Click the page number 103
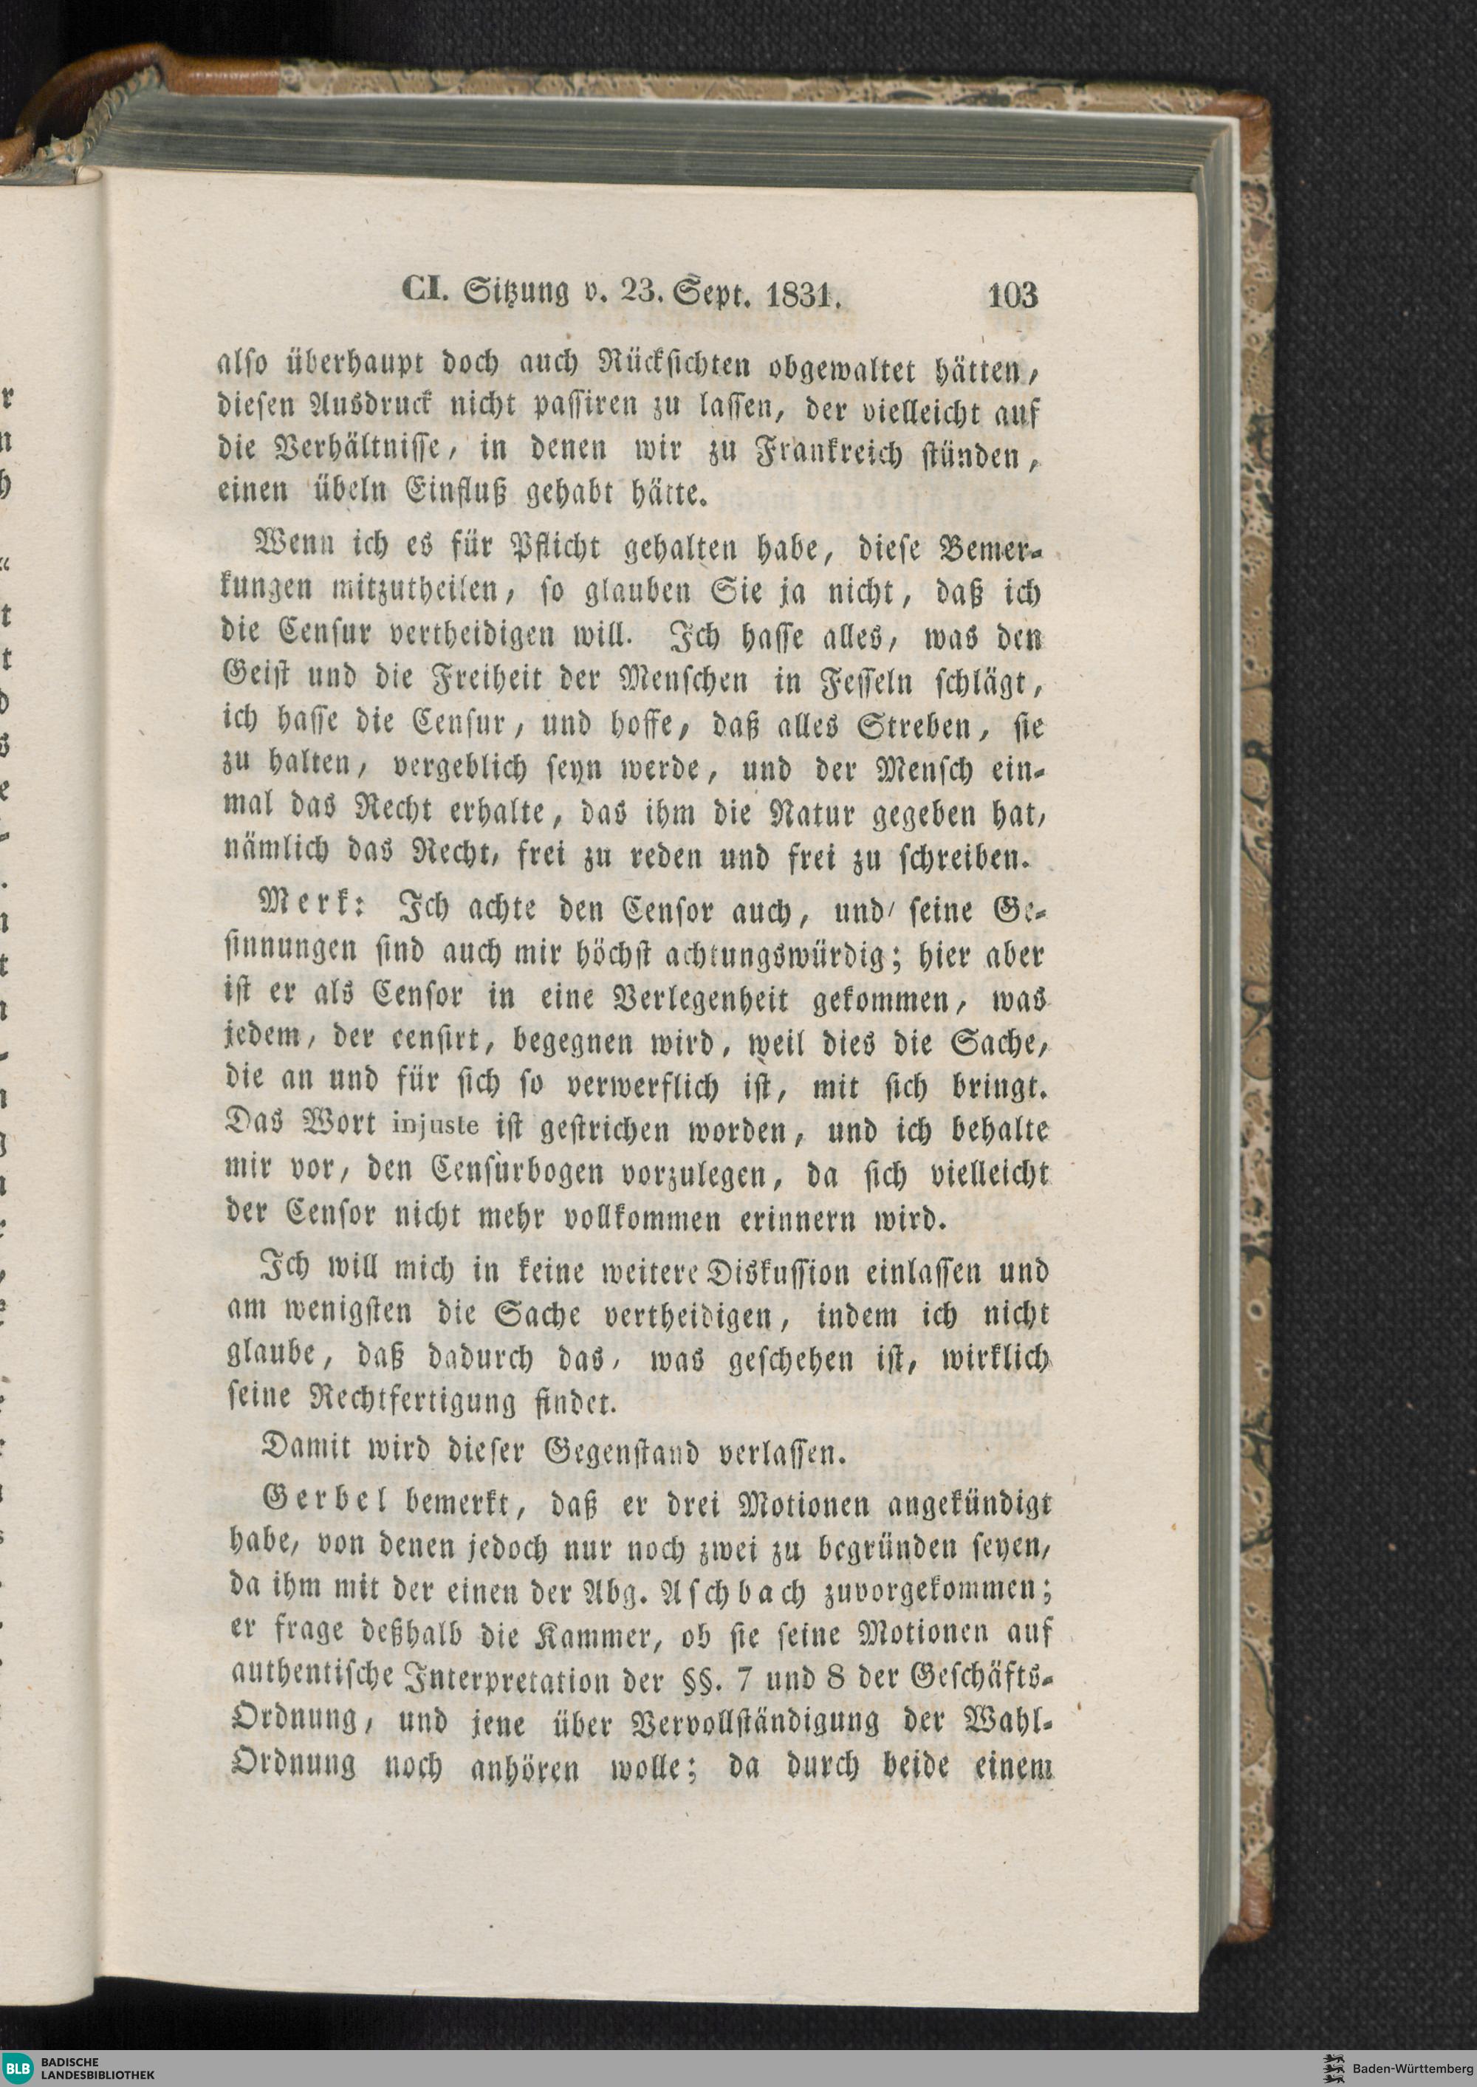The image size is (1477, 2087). coord(1010,295)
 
